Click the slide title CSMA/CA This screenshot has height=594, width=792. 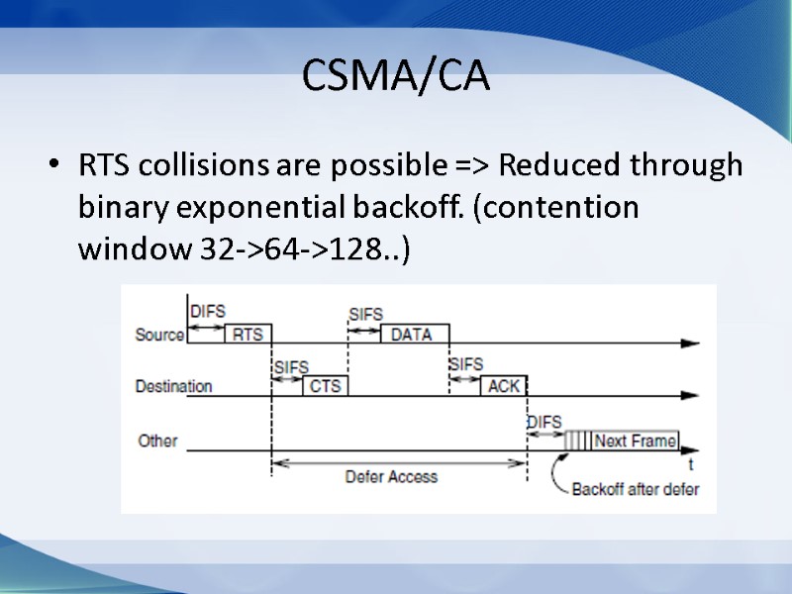click(x=396, y=75)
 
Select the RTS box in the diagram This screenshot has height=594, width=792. click(x=247, y=334)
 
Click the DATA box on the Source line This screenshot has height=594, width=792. click(x=412, y=334)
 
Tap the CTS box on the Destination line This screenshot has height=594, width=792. click(x=325, y=386)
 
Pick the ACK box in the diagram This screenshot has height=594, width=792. click(x=504, y=386)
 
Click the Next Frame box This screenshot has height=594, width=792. click(x=636, y=441)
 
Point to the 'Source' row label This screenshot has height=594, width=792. click(x=159, y=335)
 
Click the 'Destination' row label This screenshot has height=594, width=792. click(x=173, y=386)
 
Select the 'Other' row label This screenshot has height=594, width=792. click(x=157, y=440)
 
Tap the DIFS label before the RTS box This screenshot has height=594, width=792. click(x=207, y=311)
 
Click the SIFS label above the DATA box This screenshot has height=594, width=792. click(x=366, y=314)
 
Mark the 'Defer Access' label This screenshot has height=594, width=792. click(x=391, y=476)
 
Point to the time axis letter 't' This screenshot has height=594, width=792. click(x=690, y=463)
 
